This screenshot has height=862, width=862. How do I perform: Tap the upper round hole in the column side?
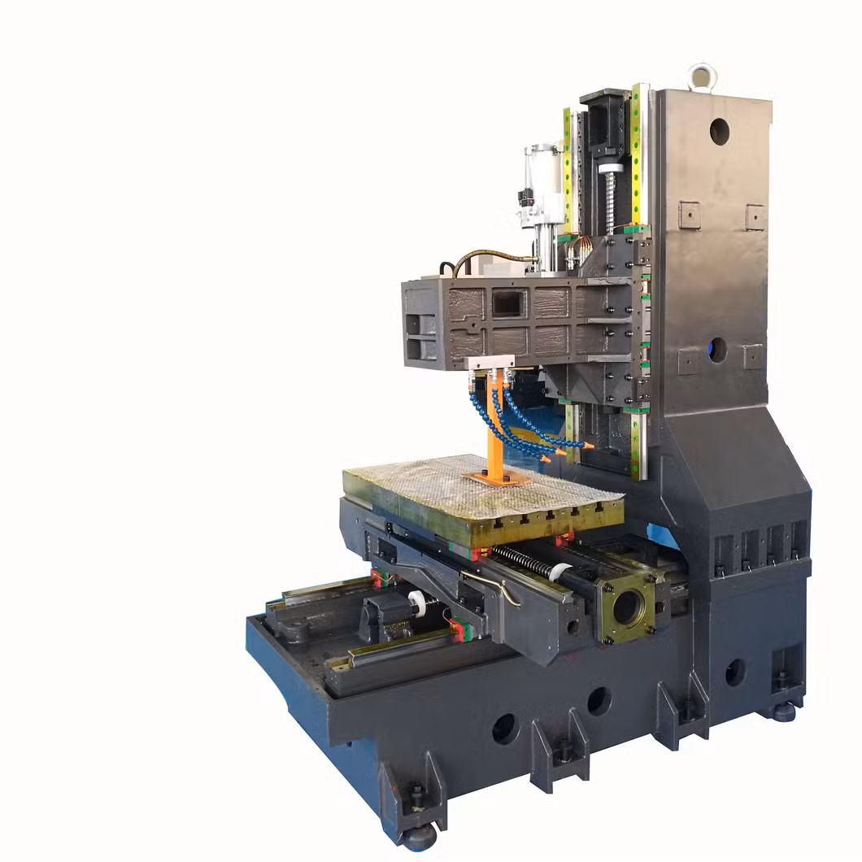click(x=719, y=132)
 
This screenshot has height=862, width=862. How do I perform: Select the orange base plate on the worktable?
click(x=496, y=478)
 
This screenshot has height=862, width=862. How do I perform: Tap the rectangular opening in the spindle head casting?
click(x=508, y=303)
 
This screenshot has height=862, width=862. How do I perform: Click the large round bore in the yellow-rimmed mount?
click(x=626, y=607)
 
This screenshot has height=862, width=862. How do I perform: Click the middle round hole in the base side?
click(x=599, y=700)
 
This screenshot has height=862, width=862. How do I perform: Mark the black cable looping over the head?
click(x=488, y=258)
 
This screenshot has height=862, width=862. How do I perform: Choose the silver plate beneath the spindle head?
click(x=491, y=363)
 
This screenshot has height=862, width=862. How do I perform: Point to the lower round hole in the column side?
click(x=716, y=350)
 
